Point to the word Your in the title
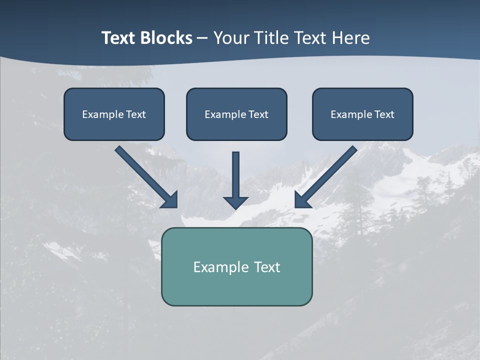[x=231, y=38]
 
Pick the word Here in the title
[x=352, y=38]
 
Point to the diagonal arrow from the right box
[x=328, y=174]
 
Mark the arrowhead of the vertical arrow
[x=235, y=202]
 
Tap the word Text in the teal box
[x=267, y=267]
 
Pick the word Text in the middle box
[x=258, y=114]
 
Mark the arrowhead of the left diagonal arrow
[x=170, y=200]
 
